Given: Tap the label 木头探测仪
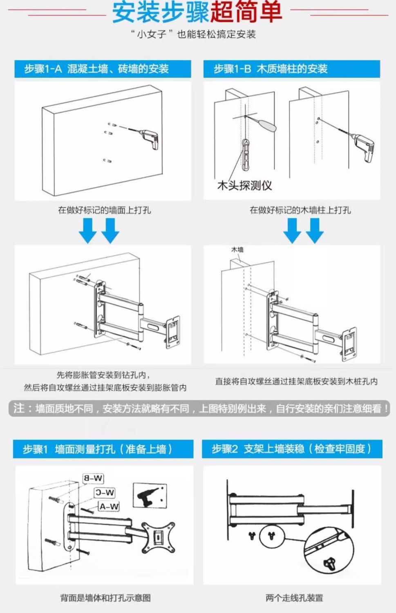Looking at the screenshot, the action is [x=244, y=185].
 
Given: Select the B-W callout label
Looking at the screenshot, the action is [x=93, y=478].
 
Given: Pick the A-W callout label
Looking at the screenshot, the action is [x=109, y=507].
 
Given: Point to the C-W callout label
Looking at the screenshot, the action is [x=105, y=492].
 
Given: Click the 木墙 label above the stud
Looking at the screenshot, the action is [x=237, y=249].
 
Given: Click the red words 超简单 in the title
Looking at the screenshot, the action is [x=246, y=12].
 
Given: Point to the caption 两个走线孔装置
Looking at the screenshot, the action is [x=294, y=598].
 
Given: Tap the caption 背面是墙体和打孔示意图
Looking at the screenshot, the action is [x=105, y=598].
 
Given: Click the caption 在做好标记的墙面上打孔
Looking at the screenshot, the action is [x=104, y=210].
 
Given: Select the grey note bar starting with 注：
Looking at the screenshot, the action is [x=199, y=408].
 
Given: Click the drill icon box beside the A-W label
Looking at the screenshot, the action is [x=150, y=496].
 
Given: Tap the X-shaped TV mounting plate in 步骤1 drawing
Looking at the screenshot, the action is [x=157, y=535].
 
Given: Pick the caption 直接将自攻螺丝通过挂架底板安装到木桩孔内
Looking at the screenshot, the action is [x=296, y=381].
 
